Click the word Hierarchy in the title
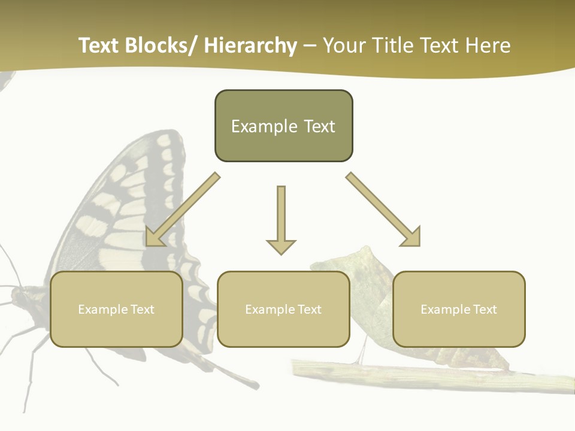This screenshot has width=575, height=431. (250, 46)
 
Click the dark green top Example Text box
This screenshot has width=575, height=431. (283, 126)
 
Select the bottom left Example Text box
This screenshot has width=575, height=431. (116, 309)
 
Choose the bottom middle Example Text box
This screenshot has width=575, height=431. (283, 309)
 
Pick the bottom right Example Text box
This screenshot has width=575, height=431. (459, 309)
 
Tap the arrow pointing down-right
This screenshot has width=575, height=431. (382, 208)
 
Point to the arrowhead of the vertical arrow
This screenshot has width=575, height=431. (281, 247)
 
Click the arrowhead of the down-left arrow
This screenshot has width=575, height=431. (153, 238)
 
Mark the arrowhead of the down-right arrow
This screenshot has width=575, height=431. (412, 238)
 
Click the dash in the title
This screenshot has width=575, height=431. (310, 46)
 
